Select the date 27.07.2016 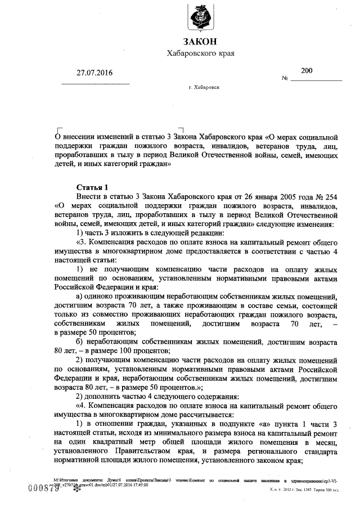[x=94, y=73]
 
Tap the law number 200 [x=307, y=70]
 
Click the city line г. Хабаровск [x=205, y=88]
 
